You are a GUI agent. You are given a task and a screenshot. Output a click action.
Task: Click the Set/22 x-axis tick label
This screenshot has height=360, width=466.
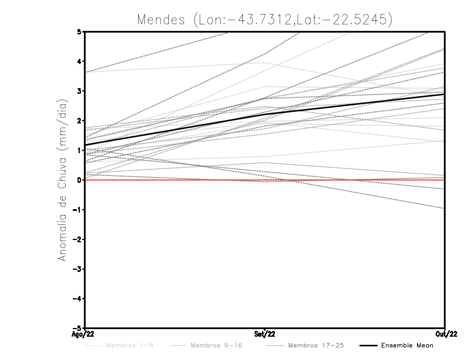pyautogui.click(x=265, y=334)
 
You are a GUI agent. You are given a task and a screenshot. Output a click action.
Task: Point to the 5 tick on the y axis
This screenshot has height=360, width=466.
pyautogui.click(x=79, y=31)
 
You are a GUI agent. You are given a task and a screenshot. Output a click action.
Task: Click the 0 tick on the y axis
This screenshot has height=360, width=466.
pyautogui.click(x=79, y=180)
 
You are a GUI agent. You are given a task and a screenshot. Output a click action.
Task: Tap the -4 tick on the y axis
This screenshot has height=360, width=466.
pyautogui.click(x=77, y=298)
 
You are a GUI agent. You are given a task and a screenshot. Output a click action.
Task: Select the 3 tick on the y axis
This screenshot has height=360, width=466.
pyautogui.click(x=79, y=91)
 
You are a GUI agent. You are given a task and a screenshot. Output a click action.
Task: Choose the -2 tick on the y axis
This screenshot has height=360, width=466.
pyautogui.click(x=77, y=239)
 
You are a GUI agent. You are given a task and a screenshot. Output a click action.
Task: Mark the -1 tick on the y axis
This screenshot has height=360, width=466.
pyautogui.click(x=77, y=210)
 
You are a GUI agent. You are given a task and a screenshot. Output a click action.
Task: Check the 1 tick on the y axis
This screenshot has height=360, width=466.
pyautogui.click(x=79, y=150)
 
